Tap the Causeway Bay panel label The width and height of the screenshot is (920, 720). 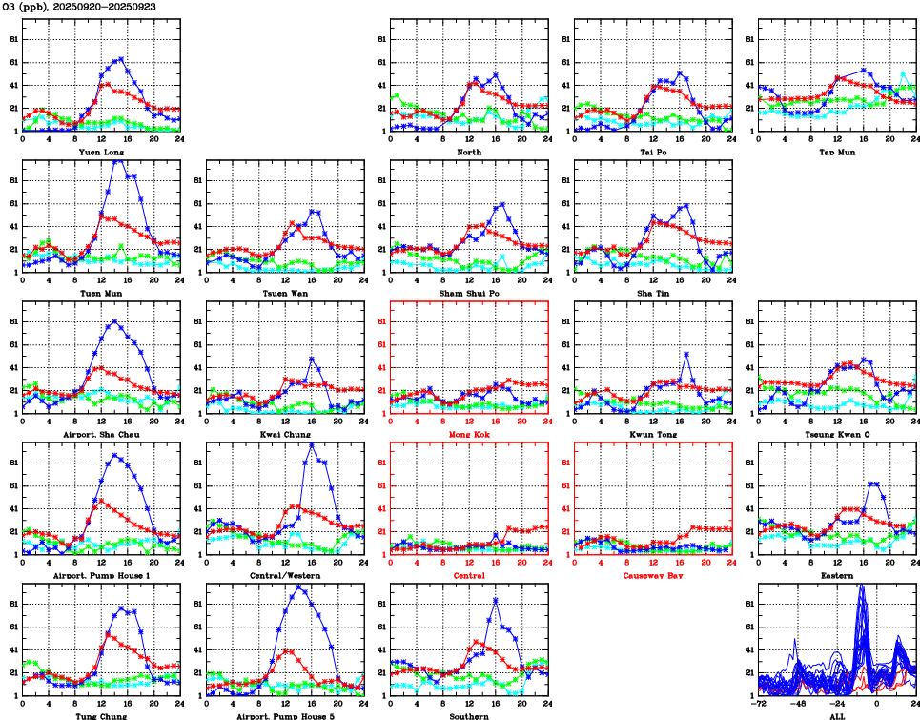[652, 575]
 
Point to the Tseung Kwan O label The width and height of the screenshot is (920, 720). [836, 434]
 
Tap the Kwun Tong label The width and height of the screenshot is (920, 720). [652, 434]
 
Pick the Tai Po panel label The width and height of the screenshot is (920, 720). [652, 152]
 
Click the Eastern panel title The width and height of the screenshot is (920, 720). [836, 575]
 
